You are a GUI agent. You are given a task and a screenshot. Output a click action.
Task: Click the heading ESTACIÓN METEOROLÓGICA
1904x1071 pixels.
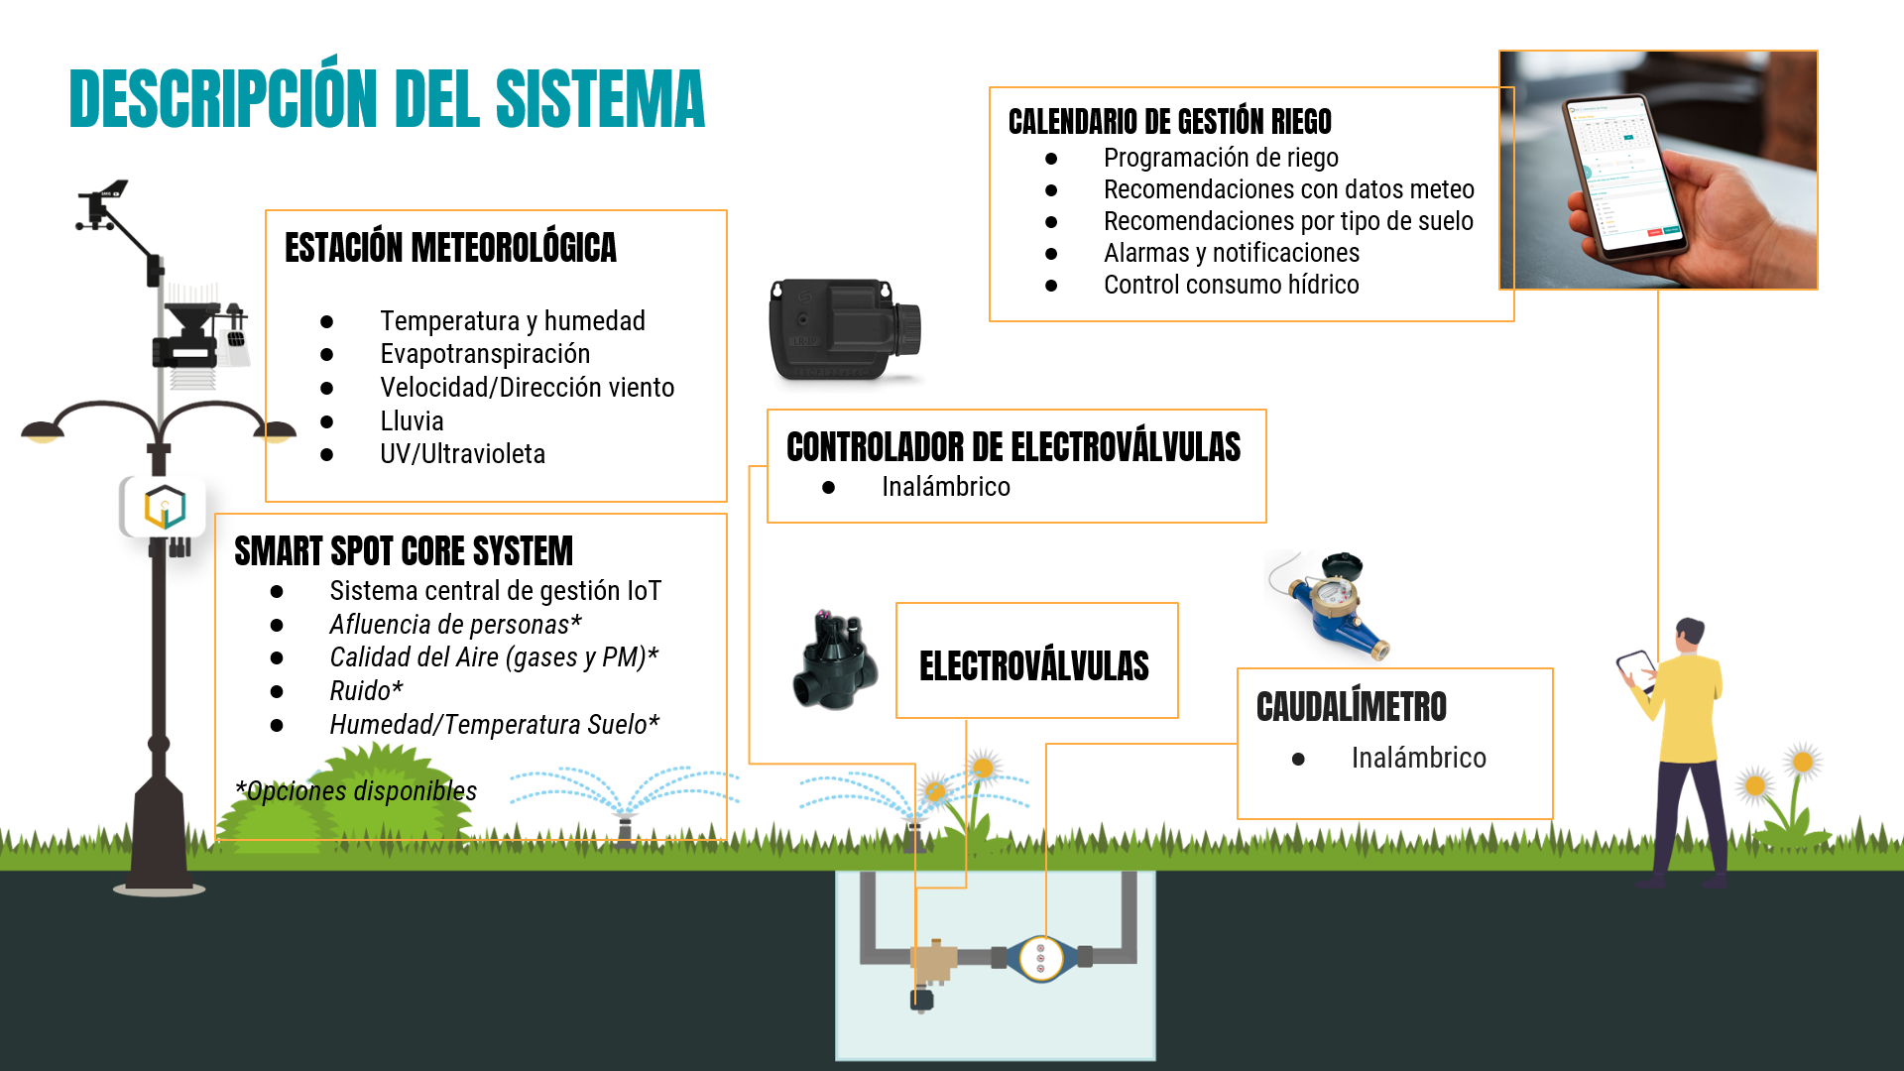tap(450, 248)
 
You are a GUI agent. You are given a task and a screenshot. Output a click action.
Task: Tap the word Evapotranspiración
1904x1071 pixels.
tap(485, 354)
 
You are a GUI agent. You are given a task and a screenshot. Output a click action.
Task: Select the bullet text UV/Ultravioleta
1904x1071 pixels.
tap(462, 454)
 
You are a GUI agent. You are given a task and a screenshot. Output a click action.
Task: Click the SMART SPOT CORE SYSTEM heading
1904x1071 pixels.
tap(404, 551)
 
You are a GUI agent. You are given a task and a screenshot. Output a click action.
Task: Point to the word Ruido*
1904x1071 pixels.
tap(366, 691)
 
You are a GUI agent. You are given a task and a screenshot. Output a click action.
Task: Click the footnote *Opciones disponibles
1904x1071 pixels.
tap(357, 791)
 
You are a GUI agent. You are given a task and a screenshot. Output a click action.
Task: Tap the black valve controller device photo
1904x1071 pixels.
tap(844, 329)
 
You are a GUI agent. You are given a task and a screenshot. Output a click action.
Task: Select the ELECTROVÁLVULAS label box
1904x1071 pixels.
tap(1036, 661)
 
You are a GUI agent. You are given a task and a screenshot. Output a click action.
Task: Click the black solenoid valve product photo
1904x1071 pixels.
tap(836, 661)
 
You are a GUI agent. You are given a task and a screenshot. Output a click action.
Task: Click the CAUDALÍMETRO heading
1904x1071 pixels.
tap(1351, 707)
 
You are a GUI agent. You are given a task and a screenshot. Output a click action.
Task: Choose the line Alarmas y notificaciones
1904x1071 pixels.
tap(1231, 253)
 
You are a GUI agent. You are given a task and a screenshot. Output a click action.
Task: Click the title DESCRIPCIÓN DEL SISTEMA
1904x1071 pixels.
tap(387, 99)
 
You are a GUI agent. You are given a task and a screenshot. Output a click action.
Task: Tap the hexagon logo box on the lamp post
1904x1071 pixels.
tap(165, 507)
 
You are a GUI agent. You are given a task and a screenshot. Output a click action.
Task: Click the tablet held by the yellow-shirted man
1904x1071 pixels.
tap(1635, 666)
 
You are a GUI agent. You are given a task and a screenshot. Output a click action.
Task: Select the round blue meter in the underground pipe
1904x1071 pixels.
tap(1040, 958)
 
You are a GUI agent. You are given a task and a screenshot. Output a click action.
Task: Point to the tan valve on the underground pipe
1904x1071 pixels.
tap(932, 960)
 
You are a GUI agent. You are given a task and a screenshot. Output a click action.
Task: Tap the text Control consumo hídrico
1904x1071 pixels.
tap(1231, 285)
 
